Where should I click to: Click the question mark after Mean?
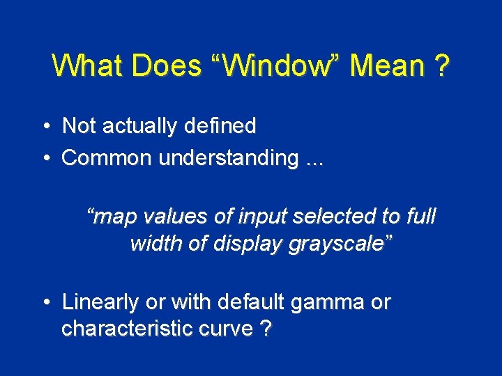tap(441, 66)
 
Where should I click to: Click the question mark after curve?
tap(265, 329)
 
